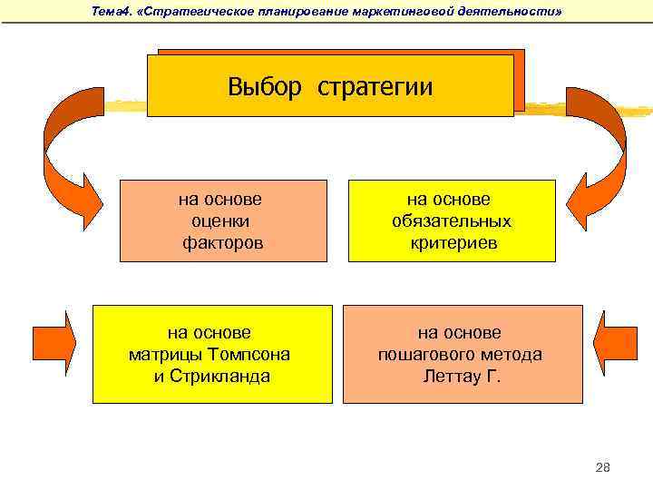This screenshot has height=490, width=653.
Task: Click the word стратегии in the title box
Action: pos(375,88)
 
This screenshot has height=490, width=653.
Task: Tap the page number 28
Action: pos(603,467)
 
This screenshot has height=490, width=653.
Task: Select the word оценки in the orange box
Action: pos(221,221)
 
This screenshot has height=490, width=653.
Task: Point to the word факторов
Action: pos(222,243)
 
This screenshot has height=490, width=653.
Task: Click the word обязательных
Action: pos(452,221)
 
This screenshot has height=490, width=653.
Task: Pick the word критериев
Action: pos(452,244)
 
